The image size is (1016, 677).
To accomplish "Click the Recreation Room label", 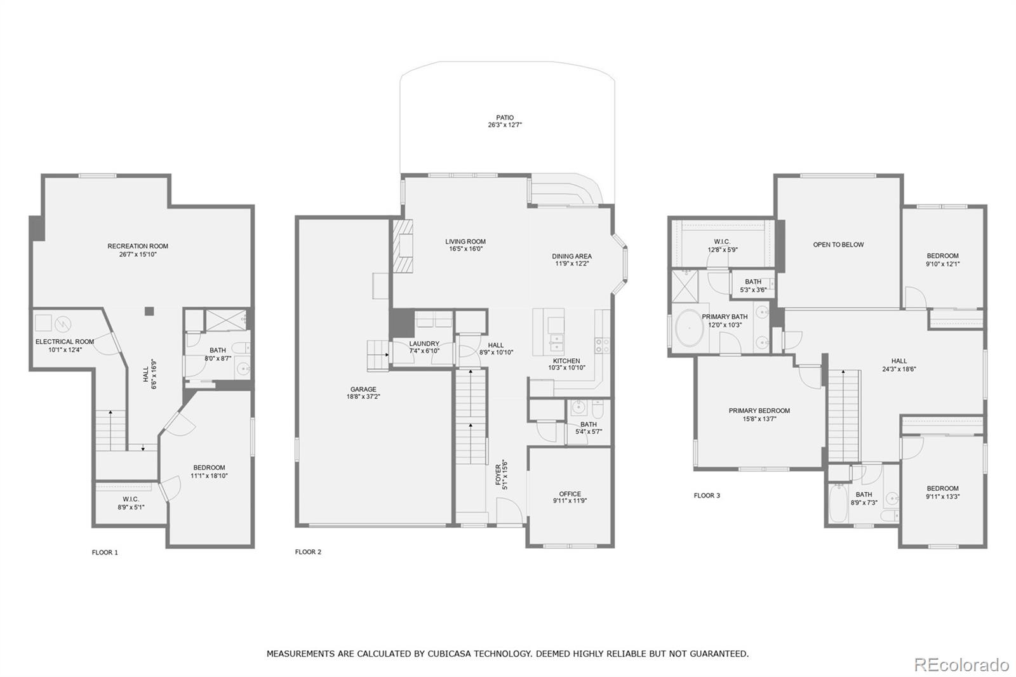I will pos(138,246).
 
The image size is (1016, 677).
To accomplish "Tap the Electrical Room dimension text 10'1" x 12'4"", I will pos(64,350).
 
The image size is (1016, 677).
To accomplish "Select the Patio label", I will pos(505,117).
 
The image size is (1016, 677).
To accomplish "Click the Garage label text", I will pos(363,389).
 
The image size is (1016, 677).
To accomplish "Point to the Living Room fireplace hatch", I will pos(403,246).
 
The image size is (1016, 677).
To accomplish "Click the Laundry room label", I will pos(424,344).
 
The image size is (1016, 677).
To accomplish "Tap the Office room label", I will pos(570,494).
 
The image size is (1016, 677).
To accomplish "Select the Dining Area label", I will pos(571,257).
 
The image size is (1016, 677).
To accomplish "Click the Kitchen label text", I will pos(566,361).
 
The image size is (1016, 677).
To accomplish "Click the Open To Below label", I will pos(838,245).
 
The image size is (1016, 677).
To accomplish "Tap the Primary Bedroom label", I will pos(759,411).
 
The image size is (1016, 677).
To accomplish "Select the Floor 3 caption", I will pos(707,495).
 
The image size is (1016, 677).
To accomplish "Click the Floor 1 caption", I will pos(105,553).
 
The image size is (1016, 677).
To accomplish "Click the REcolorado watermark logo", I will pos(961,665).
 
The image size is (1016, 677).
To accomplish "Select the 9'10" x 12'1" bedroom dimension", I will pos(942,264).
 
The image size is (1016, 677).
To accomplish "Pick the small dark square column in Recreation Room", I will pos(149,311).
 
